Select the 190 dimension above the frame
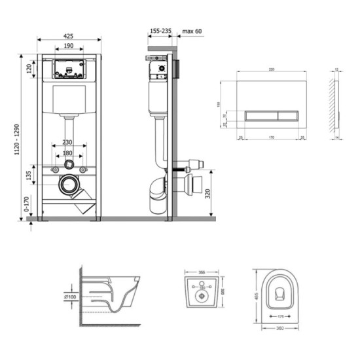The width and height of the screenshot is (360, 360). (68, 46)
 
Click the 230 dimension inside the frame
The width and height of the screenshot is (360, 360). (68, 143)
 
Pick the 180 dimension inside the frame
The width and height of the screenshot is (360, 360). (68, 154)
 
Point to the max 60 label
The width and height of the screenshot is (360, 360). (192, 29)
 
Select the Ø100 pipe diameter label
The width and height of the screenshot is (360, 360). (71, 297)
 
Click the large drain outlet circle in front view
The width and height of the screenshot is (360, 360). (68, 186)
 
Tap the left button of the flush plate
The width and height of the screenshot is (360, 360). (262, 115)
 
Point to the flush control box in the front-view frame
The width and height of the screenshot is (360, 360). (68, 68)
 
